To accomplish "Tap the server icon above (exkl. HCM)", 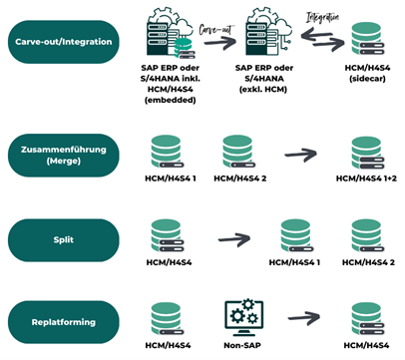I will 268,39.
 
